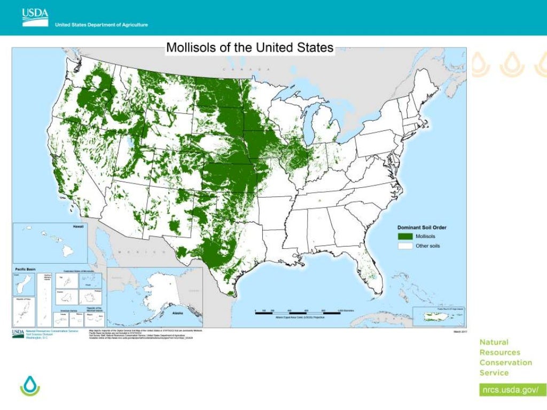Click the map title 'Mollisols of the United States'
click(x=250, y=47)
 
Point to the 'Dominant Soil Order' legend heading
click(x=421, y=227)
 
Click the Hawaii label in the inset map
click(x=78, y=227)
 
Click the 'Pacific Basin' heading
click(x=25, y=270)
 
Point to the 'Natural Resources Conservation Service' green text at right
click(x=505, y=357)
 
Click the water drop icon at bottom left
click(x=30, y=385)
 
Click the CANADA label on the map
click(x=246, y=70)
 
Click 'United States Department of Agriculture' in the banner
click(x=101, y=25)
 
